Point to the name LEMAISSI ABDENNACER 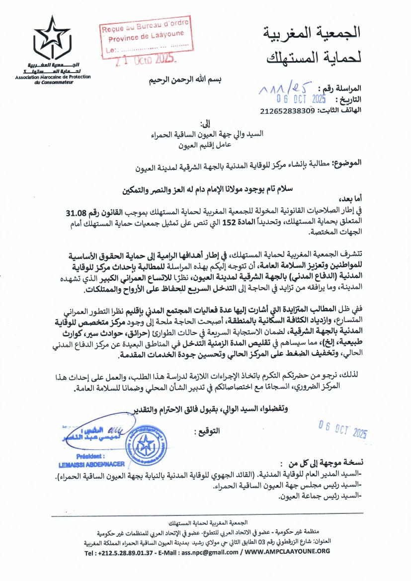[x=93, y=464]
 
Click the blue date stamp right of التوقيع [x=343, y=429]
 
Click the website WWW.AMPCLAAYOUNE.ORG [x=287, y=552]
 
